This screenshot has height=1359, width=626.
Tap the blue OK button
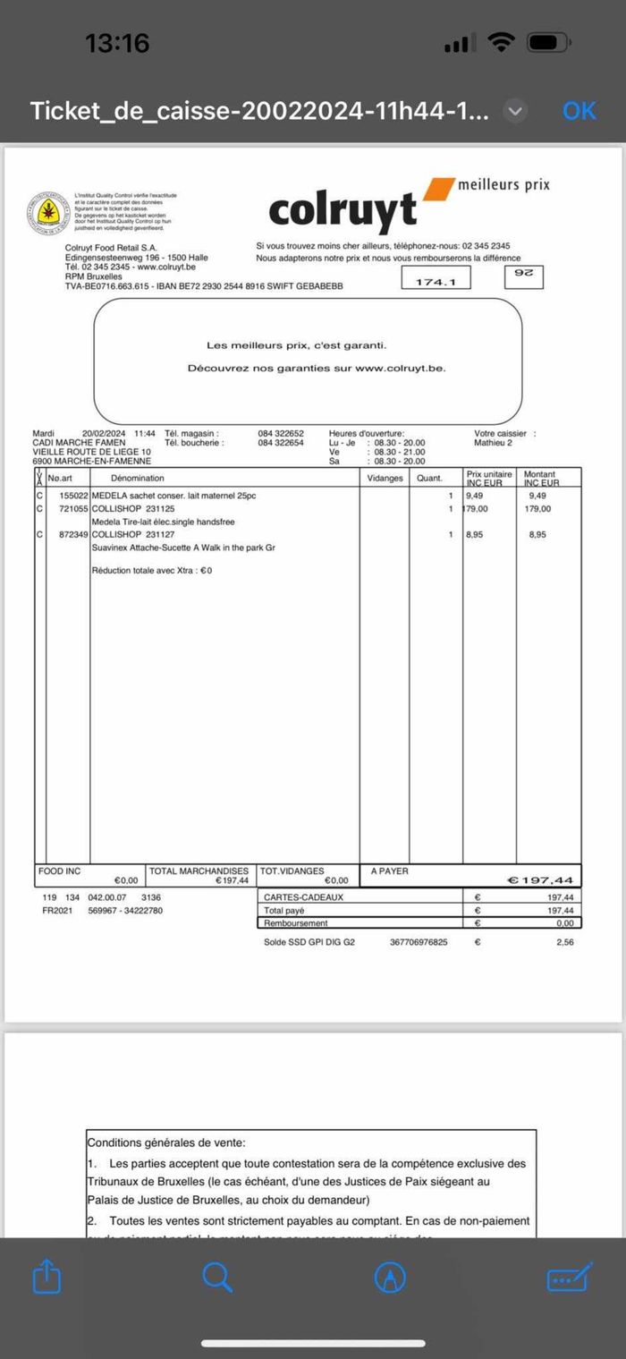point(579,110)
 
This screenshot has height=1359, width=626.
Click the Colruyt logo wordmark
point(343,209)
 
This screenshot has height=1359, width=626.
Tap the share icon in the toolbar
point(47,1277)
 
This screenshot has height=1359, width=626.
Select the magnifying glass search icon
point(217,1277)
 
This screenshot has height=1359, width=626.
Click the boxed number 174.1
point(436,282)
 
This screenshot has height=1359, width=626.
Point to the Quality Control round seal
point(44,212)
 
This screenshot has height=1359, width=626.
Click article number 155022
point(74,496)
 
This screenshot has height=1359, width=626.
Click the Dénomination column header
point(138,479)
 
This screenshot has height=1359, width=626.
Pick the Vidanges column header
point(385,479)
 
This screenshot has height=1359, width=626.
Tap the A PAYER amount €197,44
point(540,880)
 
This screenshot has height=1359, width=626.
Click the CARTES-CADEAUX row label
point(304,896)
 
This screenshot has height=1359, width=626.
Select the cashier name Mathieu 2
point(494,442)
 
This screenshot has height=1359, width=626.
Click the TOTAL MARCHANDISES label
point(199,871)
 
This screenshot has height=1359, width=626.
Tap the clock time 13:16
point(117,42)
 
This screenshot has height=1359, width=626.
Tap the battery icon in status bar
point(546,42)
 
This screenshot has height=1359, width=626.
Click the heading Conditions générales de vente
point(165,1142)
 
